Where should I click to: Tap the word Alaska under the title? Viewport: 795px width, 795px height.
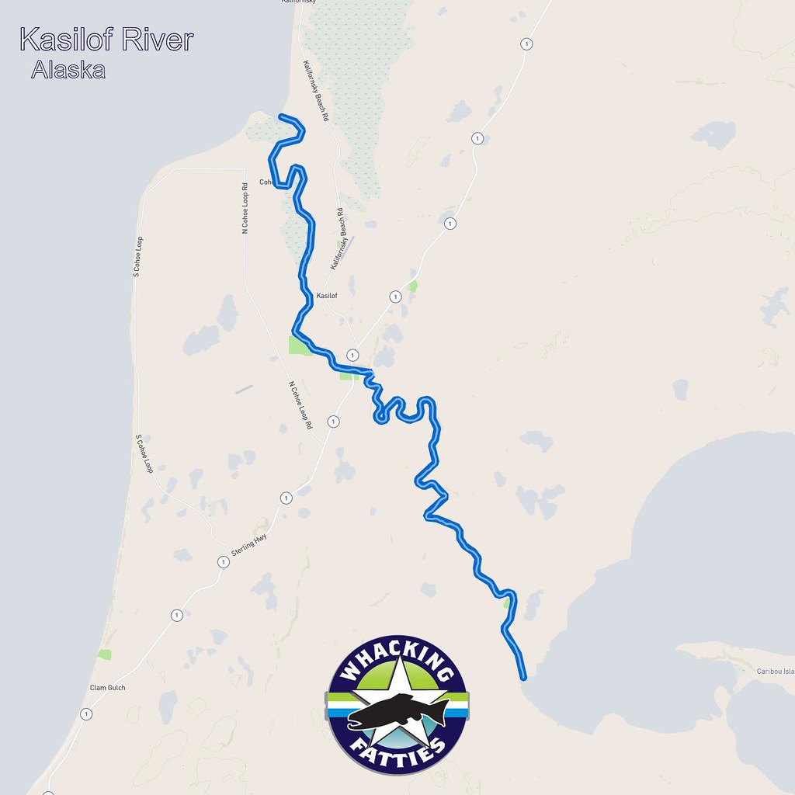click(68, 70)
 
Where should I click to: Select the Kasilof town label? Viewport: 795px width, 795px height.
click(327, 296)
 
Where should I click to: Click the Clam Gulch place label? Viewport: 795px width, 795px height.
click(108, 688)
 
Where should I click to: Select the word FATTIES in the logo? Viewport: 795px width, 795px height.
click(397, 752)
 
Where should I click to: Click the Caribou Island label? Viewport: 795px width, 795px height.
click(776, 672)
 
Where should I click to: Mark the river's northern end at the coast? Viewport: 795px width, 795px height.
click(279, 117)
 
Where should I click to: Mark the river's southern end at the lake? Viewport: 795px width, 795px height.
click(524, 677)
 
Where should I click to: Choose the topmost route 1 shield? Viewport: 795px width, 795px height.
click(527, 43)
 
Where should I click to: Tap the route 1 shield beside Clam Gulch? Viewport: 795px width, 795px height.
click(86, 713)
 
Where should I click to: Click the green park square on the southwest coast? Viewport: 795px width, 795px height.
click(104, 654)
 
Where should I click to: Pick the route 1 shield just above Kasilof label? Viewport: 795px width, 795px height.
click(395, 297)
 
